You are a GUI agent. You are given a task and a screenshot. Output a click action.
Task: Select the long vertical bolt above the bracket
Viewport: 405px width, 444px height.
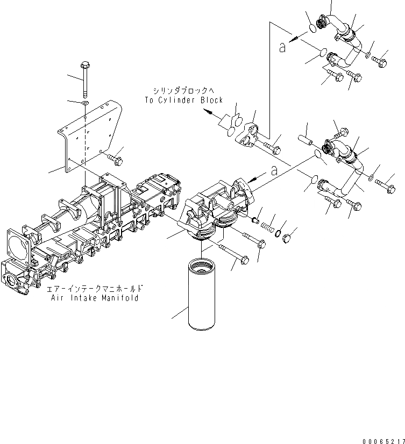click(85, 78)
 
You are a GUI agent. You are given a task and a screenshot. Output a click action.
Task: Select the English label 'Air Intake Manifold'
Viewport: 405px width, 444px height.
click(96, 298)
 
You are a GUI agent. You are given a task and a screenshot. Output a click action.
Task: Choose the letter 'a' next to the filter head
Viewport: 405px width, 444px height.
click(274, 170)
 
